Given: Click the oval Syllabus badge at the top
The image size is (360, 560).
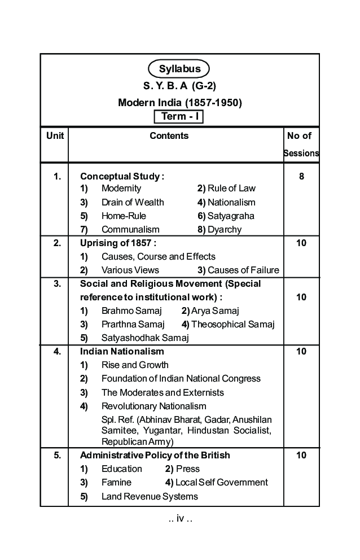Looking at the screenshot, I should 179,69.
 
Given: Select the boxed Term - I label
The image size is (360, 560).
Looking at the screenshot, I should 178,116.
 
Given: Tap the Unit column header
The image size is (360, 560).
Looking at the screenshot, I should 55,135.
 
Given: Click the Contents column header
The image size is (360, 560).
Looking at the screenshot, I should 169,135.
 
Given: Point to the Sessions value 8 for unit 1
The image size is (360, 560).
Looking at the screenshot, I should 301,176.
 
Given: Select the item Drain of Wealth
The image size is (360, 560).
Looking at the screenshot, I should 133,202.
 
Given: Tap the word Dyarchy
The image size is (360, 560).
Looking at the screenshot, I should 224,229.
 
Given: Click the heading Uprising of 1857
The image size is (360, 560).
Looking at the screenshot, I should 118,243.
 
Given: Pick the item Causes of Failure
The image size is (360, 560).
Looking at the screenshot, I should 243,270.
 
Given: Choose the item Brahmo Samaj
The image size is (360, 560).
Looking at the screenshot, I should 131,310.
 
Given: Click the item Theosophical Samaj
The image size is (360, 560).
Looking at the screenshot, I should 232,324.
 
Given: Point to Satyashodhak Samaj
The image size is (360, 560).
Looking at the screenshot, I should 145,338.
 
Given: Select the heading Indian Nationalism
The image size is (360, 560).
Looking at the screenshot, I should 122,351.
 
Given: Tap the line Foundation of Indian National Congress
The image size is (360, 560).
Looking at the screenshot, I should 181,378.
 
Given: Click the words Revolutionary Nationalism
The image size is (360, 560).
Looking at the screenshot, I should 153,406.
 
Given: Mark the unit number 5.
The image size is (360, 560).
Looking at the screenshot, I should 57,455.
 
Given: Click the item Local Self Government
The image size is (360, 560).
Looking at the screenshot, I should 221,482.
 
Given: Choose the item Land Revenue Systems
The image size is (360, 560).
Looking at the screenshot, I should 150,496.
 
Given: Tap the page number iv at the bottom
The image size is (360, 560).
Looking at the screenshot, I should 180,519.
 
